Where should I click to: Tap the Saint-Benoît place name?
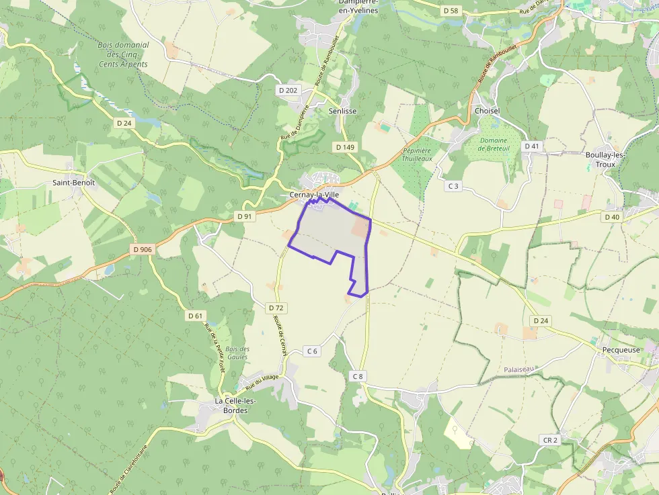[x=74, y=182]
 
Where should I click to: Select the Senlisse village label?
[x=342, y=111]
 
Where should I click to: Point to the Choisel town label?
[x=487, y=111]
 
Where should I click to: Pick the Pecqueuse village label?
[x=621, y=350]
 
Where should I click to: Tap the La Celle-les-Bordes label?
[x=227, y=406]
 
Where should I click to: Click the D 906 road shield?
[x=143, y=250]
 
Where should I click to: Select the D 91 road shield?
[x=244, y=216]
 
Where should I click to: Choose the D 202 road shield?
[x=288, y=90]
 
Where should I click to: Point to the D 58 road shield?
[x=451, y=11]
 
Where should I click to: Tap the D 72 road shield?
[x=276, y=308]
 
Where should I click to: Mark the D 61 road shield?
[x=195, y=316]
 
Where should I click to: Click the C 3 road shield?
[x=453, y=186]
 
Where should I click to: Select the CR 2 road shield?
[x=550, y=440]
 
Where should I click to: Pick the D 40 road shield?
[x=611, y=217]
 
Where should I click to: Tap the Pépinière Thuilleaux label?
[x=417, y=155]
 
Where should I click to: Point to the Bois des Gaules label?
[x=237, y=353]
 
